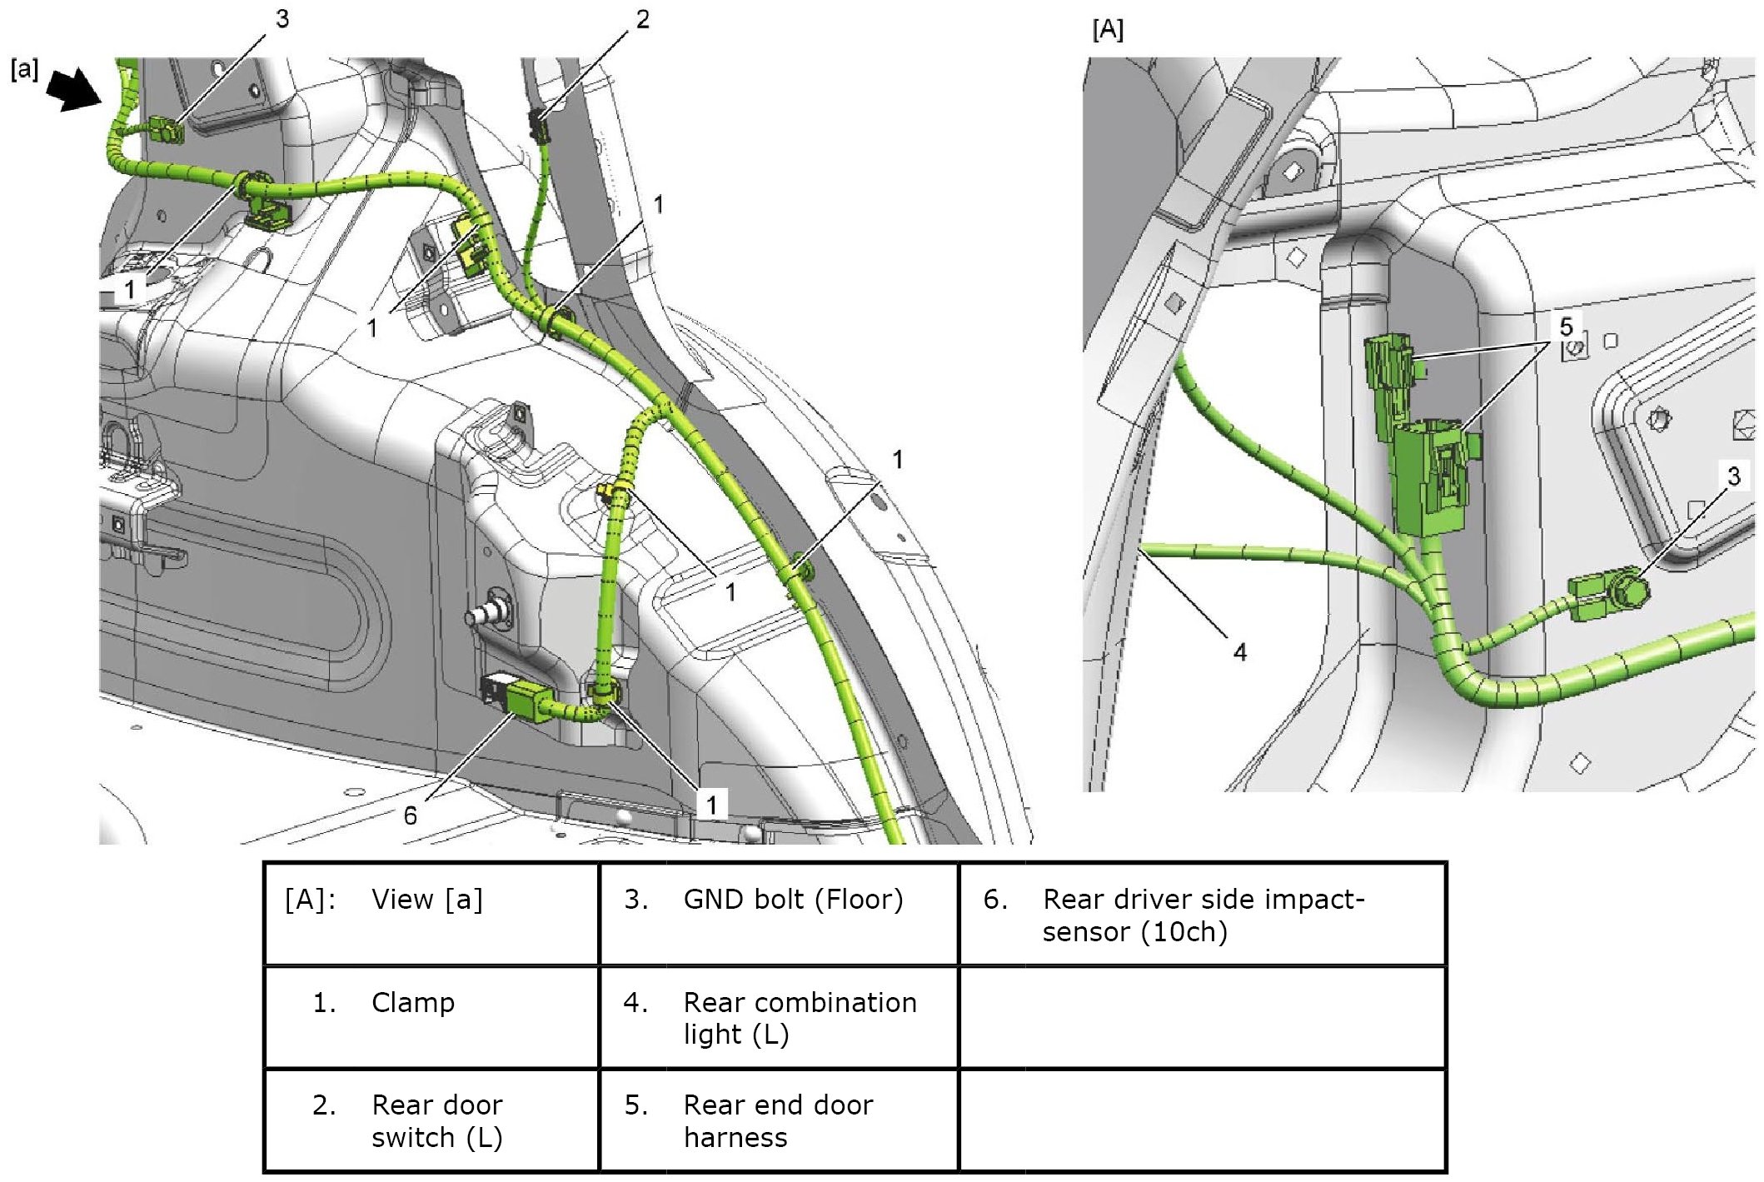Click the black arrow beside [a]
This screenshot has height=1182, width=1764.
[x=73, y=90]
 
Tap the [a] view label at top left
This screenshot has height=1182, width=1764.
[x=25, y=68]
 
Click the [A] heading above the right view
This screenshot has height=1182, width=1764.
[x=1108, y=30]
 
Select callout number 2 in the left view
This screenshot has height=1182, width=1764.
[x=642, y=19]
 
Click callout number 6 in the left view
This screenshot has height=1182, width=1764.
[x=410, y=815]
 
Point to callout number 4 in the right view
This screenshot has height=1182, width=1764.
[x=1240, y=652]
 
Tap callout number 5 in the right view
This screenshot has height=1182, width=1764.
[x=1566, y=327]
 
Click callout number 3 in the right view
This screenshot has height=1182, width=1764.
[x=1733, y=476]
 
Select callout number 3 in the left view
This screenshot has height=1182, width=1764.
[x=282, y=19]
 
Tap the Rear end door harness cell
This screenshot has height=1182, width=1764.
[x=778, y=1121]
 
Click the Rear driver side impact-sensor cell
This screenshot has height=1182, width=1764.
[x=1203, y=915]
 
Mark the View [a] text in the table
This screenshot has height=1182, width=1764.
[x=426, y=900]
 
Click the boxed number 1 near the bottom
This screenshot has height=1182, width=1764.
[x=711, y=805]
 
